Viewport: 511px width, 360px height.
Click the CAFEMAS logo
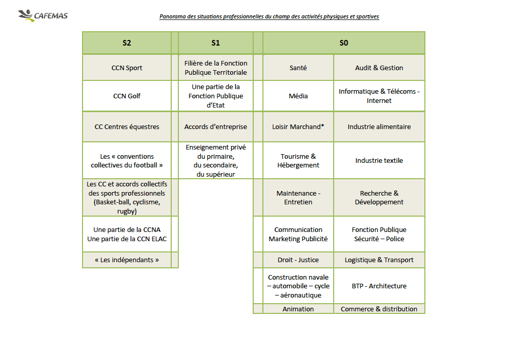43,15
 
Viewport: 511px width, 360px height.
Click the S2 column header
127,43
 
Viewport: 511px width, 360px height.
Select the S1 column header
215,43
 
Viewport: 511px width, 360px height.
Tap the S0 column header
343,43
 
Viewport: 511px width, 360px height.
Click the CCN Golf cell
127,96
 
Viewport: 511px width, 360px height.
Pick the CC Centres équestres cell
127,126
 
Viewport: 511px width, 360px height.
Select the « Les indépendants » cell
127,260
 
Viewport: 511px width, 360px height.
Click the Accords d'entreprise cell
215,126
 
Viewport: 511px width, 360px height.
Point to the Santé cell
298,68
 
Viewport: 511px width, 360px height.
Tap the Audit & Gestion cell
379,68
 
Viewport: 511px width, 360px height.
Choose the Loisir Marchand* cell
298,126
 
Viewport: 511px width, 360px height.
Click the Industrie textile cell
379,160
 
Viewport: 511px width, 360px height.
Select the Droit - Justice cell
298,260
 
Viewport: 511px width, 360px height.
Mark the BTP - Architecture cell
379,286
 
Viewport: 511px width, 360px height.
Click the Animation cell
298,309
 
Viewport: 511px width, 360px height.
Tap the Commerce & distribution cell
379,309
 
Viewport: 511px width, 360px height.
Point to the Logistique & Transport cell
379,260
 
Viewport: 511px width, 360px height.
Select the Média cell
298,96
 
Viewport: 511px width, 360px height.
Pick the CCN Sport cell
127,68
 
